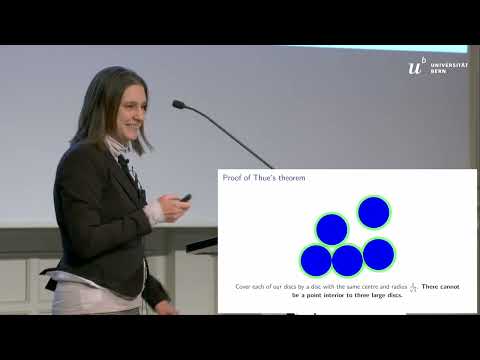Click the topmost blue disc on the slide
coord(373,212)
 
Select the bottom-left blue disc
coord(316,260)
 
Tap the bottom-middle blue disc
coord(347,260)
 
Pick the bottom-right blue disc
coord(378,254)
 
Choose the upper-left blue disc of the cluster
coord(332,229)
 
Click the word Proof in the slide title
coord(234,178)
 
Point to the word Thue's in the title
coord(264,178)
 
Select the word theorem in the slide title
coord(293,178)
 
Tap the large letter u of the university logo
coord(416,67)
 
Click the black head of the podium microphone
coord(179,104)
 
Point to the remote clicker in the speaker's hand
coord(185,198)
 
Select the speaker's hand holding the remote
coord(171,208)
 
